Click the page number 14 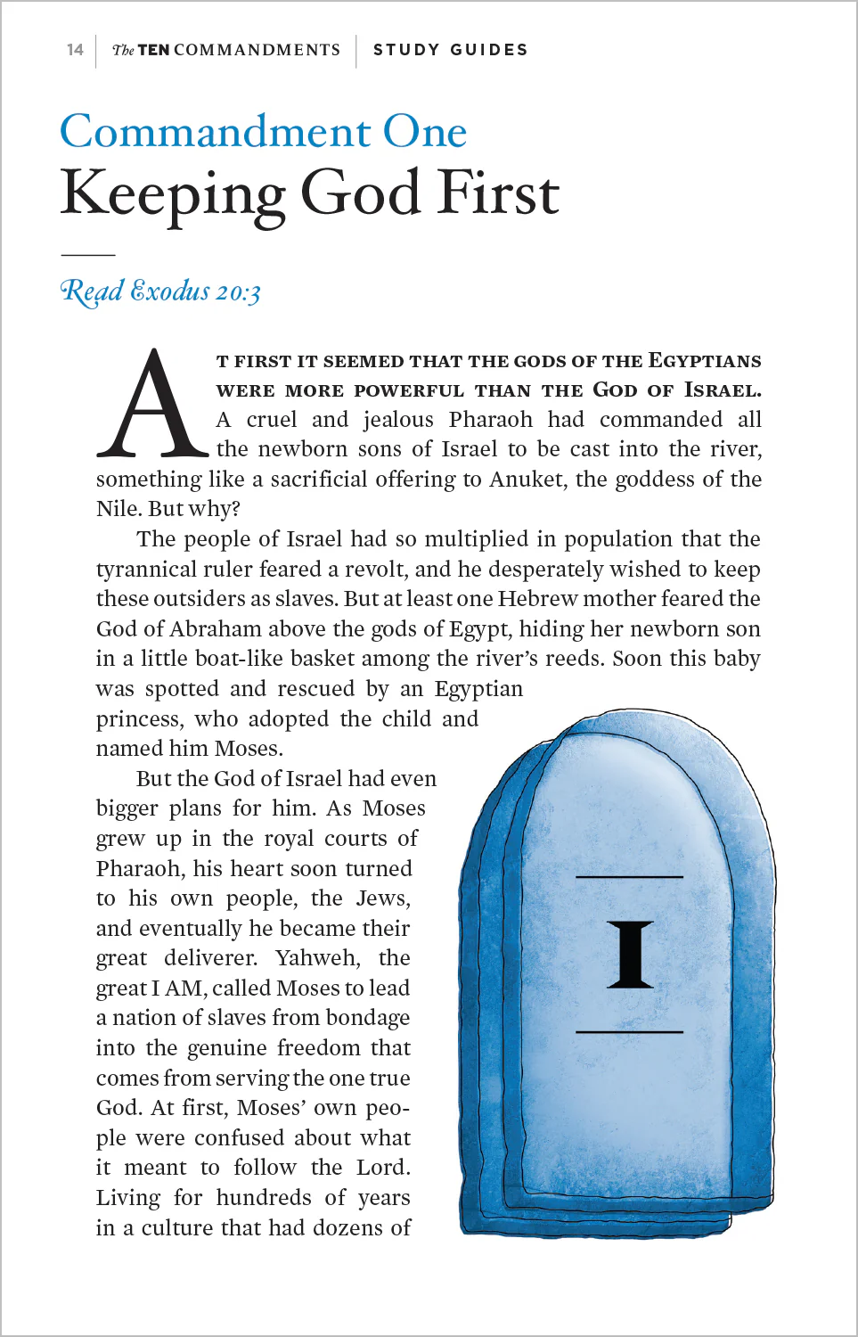click(x=75, y=50)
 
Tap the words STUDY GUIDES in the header click(x=450, y=50)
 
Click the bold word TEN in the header click(x=153, y=50)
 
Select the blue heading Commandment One click(x=263, y=132)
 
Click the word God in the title click(x=359, y=193)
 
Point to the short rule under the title click(x=87, y=255)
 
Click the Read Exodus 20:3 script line click(x=160, y=291)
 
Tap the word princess click(x=139, y=719)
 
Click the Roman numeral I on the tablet click(x=630, y=955)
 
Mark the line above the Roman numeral click(x=629, y=877)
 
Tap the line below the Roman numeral click(x=629, y=1032)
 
